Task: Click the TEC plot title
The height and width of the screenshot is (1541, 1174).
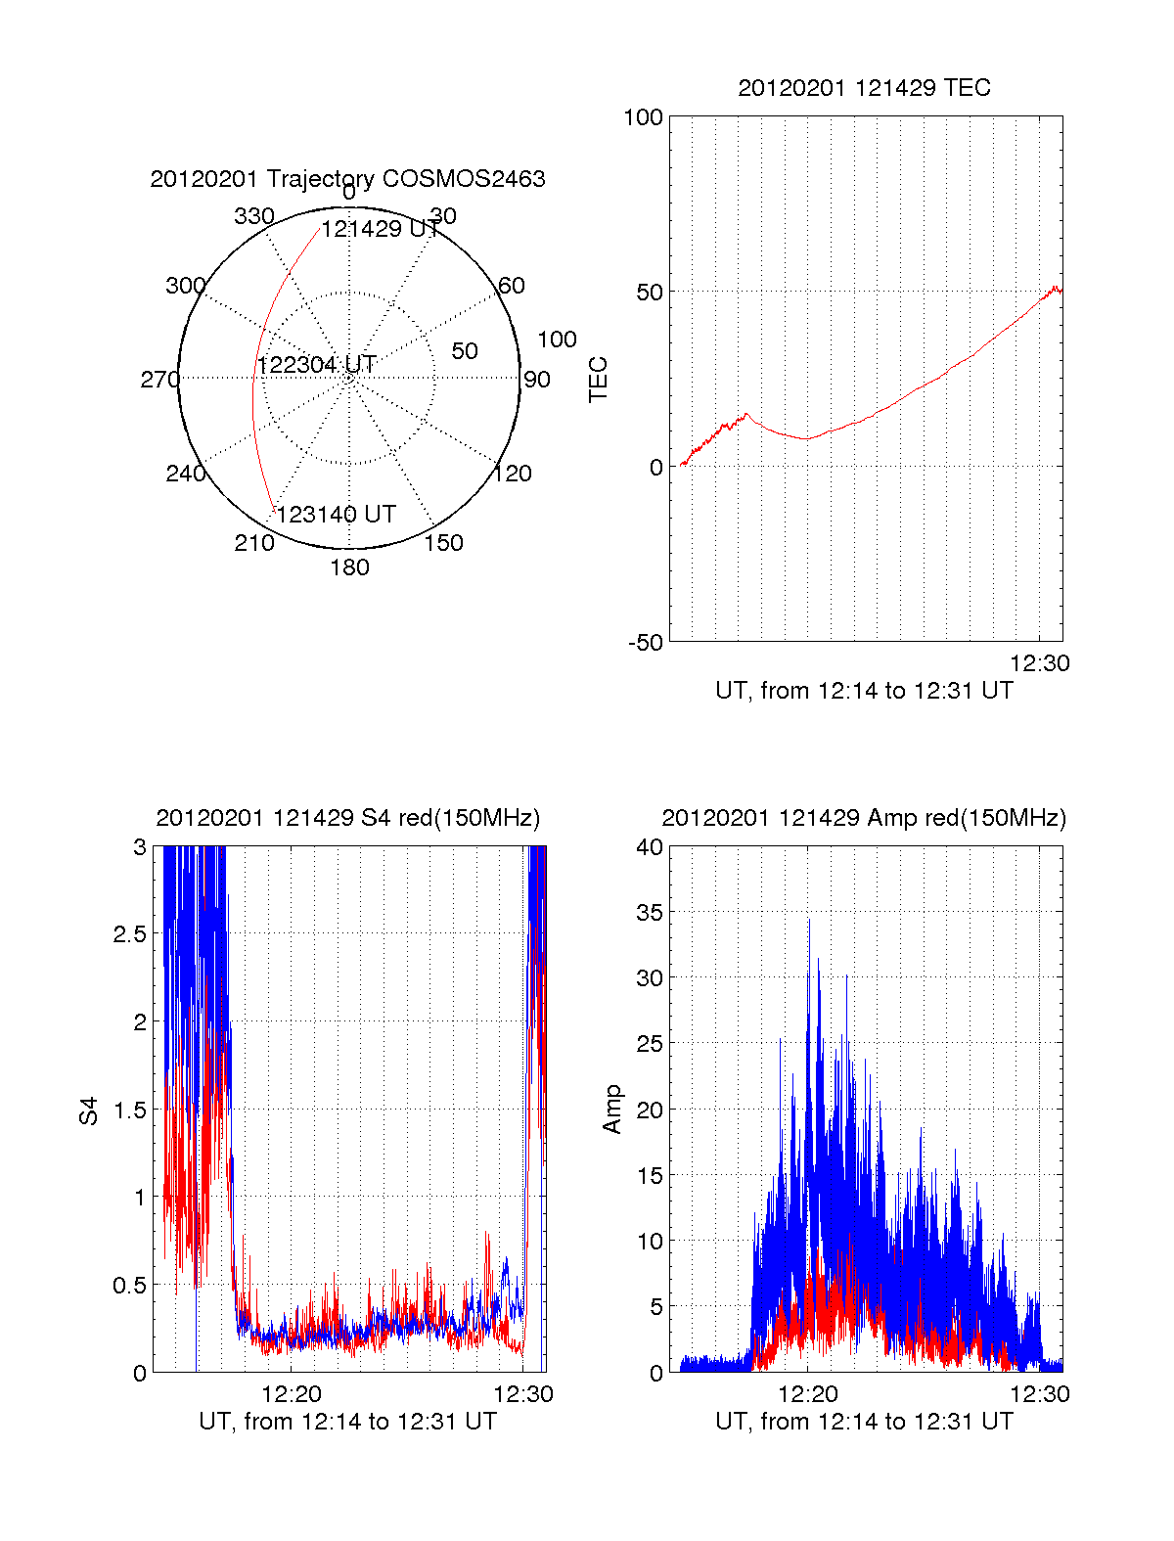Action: point(864,88)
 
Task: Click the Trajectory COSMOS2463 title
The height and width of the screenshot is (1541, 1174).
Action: point(347,179)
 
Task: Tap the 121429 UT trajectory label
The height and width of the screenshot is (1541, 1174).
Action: point(380,229)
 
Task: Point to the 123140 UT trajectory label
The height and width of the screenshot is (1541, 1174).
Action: point(336,515)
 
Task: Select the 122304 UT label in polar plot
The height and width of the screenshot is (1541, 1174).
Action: point(316,365)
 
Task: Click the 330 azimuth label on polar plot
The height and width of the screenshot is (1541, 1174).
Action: point(253,216)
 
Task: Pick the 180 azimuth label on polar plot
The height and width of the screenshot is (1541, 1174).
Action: point(349,567)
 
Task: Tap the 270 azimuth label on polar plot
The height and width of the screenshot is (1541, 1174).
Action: point(159,380)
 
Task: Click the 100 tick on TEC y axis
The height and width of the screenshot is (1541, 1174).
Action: point(643,117)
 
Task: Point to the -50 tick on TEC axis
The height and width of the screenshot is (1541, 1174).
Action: point(645,643)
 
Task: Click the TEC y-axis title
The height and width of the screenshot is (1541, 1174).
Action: point(598,380)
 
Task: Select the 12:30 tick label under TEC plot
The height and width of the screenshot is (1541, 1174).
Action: point(1039,663)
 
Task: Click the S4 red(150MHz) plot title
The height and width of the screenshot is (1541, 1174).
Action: point(347,818)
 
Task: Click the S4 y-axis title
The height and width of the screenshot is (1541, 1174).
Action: point(89,1110)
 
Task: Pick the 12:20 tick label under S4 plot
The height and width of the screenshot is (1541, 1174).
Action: point(292,1394)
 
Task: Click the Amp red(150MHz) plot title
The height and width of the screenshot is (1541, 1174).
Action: point(864,818)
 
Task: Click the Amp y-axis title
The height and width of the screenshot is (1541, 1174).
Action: point(612,1110)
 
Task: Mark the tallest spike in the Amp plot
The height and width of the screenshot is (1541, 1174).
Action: point(809,921)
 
